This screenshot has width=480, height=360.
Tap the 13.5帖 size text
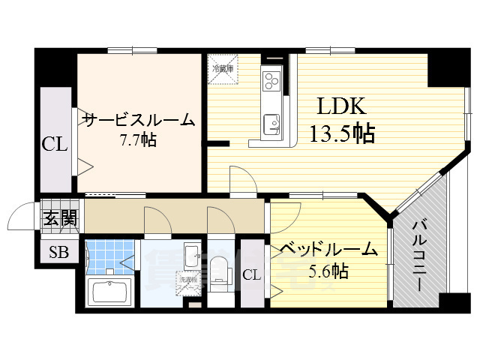click(x=342, y=133)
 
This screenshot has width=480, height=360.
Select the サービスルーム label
click(x=138, y=119)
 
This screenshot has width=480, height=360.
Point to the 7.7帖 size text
click(x=138, y=139)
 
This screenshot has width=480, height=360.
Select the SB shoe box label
click(x=58, y=253)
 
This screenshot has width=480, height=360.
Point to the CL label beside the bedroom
click(x=252, y=275)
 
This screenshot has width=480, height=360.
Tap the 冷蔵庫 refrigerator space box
click(x=223, y=68)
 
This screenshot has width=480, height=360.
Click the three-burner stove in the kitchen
click(x=271, y=79)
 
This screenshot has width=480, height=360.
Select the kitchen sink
click(x=270, y=120)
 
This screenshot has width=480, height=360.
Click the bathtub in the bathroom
click(x=109, y=290)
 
